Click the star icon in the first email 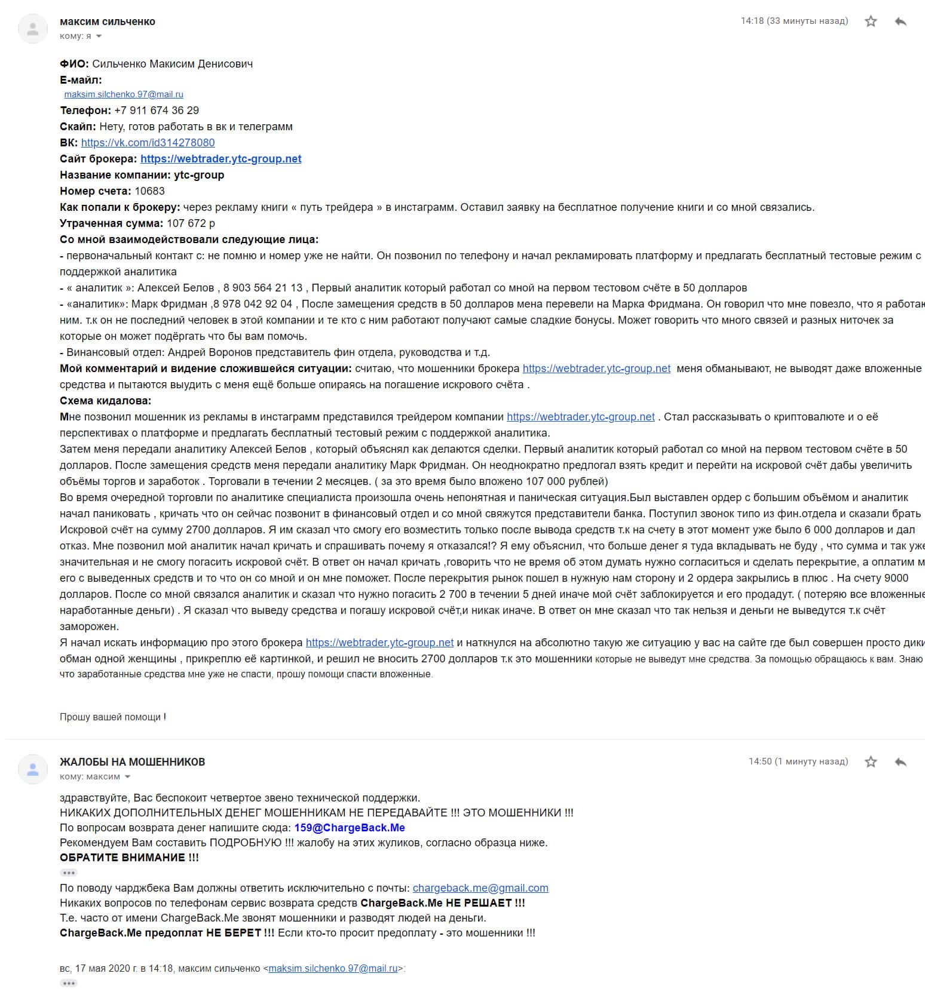[871, 22]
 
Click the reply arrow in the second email [901, 762]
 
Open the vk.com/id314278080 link [148, 143]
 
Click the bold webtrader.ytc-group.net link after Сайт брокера [220, 159]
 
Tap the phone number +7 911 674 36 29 [157, 110]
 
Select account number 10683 [149, 191]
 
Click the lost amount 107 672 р [191, 223]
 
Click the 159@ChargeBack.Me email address [350, 828]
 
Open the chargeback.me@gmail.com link [480, 888]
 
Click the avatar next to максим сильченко [33, 29]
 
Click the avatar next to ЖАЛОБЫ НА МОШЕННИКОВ [33, 769]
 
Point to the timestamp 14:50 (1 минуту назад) [798, 761]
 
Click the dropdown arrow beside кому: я [99, 36]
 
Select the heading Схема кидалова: [106, 401]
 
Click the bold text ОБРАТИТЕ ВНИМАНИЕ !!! [129, 858]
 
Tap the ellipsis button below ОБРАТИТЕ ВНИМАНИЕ [69, 873]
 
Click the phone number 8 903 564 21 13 [263, 288]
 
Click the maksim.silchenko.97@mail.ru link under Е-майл [124, 94]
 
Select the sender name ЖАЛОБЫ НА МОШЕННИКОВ [132, 762]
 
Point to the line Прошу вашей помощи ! [113, 717]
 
